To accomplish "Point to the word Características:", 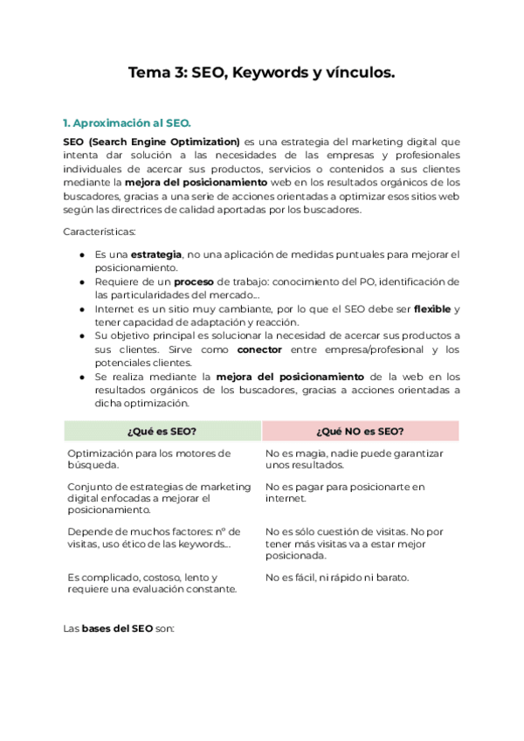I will tap(99, 232).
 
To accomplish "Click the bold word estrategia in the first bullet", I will tap(157, 254).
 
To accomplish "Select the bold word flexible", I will tap(432, 309).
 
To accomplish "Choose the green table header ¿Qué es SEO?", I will tap(162, 431).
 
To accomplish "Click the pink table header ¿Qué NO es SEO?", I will tap(360, 431).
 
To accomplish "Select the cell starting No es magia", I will tap(354, 459).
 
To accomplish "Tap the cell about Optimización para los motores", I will tap(148, 459).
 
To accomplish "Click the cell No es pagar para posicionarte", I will tap(344, 492).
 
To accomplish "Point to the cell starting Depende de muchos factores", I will tap(153, 537).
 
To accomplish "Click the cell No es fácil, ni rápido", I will tap(336, 578).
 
